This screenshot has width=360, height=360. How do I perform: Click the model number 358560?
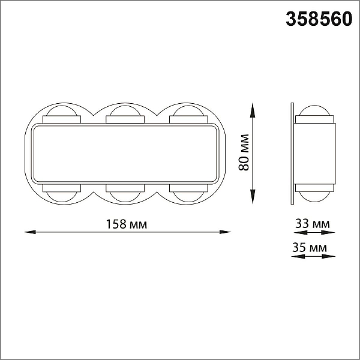[x=319, y=19]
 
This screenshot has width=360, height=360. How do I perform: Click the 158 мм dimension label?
[x=126, y=224]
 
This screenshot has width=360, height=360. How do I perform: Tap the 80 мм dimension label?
[x=244, y=152]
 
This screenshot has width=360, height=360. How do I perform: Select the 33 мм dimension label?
[x=313, y=223]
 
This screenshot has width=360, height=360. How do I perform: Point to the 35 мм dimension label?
[x=310, y=247]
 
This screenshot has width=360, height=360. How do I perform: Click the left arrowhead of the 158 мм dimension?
[x=30, y=232]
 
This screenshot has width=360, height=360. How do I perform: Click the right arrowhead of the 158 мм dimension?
[x=225, y=232]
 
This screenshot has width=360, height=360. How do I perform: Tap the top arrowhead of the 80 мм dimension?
[x=253, y=110]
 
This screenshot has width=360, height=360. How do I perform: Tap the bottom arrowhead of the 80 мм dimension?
[x=253, y=197]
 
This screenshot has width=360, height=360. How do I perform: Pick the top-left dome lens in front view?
[x=62, y=110]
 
